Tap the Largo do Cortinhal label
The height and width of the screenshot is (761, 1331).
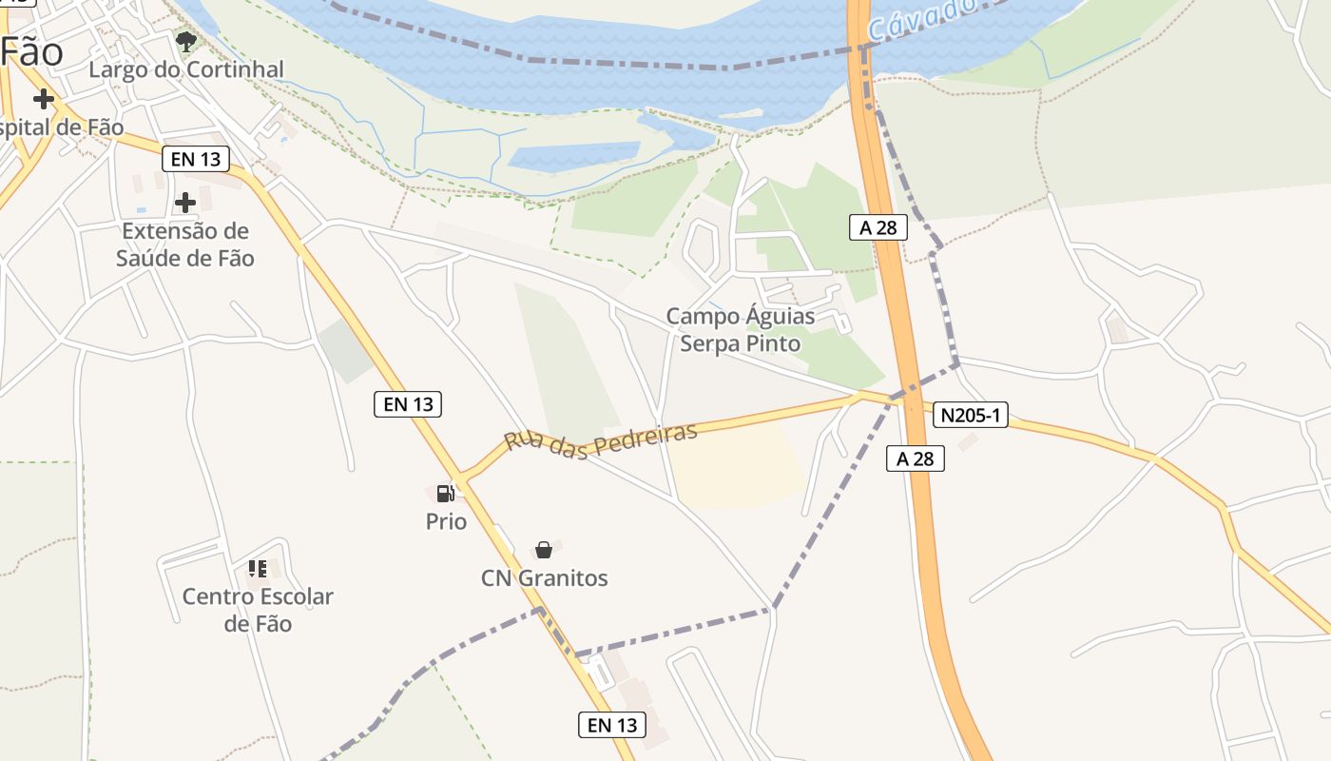(186, 69)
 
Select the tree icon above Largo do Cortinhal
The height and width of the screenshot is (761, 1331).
(186, 41)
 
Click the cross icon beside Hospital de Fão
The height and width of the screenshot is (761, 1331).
(43, 99)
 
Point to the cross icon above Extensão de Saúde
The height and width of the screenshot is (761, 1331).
(185, 202)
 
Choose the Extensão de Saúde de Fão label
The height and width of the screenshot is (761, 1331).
(185, 244)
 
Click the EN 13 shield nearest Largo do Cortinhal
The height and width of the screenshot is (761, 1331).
(197, 159)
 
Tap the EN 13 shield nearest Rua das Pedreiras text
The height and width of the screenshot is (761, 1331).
(408, 404)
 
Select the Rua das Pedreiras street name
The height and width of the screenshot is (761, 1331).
(601, 437)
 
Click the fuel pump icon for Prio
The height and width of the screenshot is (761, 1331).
(445, 493)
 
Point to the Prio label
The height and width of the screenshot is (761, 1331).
(446, 521)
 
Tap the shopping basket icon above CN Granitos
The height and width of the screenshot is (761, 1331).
(544, 550)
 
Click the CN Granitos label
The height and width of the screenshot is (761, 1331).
(544, 578)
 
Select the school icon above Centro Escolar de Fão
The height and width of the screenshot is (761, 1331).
(258, 569)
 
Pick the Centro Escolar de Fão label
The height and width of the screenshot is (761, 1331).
(258, 610)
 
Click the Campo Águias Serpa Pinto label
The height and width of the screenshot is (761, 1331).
(741, 329)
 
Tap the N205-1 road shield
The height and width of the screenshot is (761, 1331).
(970, 415)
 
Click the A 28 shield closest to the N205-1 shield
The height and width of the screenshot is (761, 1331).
(916, 459)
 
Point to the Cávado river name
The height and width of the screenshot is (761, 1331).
(922, 19)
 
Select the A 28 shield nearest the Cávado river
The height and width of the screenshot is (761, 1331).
(878, 227)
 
